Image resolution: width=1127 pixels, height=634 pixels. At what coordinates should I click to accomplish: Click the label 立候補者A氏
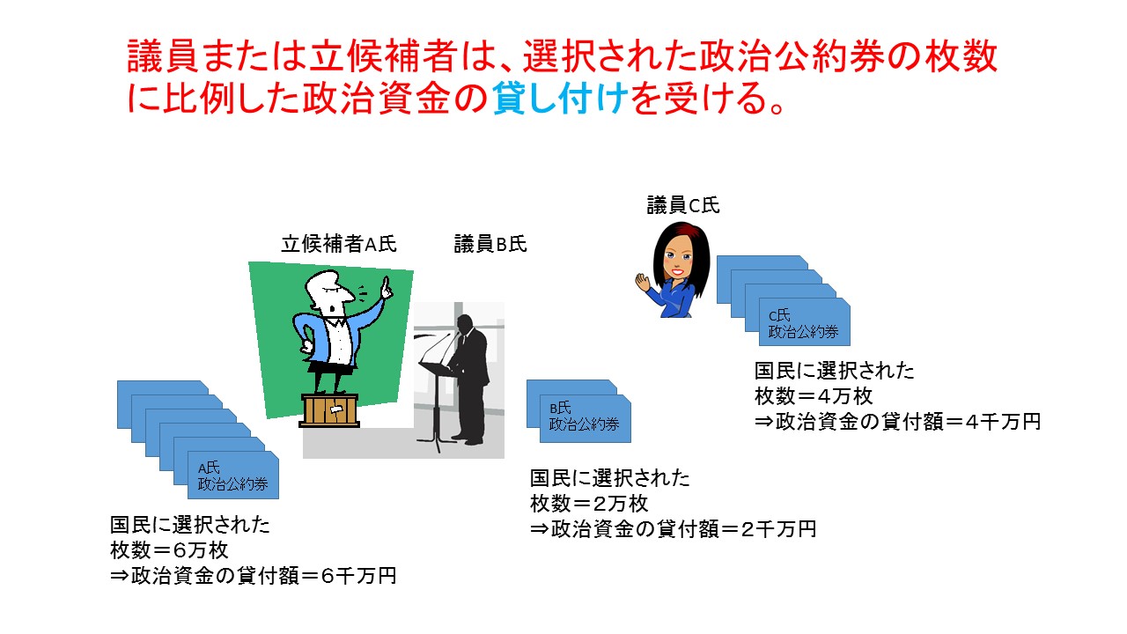pos(339,244)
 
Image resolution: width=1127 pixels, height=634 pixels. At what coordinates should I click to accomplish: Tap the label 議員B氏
pos(490,244)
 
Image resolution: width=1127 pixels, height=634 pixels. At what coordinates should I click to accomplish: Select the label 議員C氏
pos(682,205)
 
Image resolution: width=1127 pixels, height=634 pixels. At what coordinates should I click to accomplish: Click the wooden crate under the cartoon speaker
pos(329,410)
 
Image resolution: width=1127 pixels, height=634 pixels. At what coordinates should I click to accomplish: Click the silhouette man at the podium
pos(469,380)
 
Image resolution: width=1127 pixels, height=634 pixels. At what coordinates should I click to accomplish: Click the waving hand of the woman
pos(642,283)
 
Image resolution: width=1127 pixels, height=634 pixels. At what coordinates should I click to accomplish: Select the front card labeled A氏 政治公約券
pos(233,475)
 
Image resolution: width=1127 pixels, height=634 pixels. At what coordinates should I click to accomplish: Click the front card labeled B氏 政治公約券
pos(586,418)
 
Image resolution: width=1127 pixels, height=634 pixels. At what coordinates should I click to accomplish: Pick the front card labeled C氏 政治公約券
pos(805,322)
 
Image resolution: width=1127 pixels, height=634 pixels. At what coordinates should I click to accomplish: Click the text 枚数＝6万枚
pos(169,550)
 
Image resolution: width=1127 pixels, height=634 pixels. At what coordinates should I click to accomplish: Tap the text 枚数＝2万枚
pos(589,504)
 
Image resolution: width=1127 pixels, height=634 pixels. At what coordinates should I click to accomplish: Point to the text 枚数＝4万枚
pos(814,396)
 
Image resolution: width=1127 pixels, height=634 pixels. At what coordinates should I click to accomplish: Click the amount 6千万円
pos(358,576)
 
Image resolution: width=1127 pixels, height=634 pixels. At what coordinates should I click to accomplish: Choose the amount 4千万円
pos(1003,422)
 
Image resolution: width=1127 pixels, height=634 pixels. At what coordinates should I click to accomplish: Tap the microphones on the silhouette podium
pos(438,347)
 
